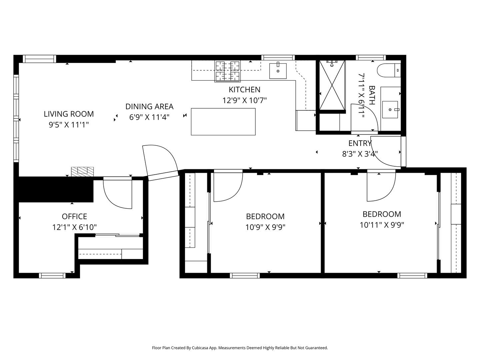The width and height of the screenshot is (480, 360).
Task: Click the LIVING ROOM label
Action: [x=69, y=114]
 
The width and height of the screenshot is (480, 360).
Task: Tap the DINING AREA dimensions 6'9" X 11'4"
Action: [x=149, y=117]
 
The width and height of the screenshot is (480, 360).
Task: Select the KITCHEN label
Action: [x=244, y=90]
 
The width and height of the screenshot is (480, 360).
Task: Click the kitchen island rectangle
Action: [x=223, y=122]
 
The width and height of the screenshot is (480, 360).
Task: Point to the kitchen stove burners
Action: [x=227, y=71]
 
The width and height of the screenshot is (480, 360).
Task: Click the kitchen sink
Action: [x=278, y=71]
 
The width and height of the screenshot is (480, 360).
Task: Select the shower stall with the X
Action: [x=332, y=85]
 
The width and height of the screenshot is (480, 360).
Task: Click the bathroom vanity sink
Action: [x=390, y=109]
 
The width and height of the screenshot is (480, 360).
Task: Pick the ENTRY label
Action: [x=360, y=143]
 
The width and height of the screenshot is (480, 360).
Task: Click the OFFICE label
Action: [x=74, y=217]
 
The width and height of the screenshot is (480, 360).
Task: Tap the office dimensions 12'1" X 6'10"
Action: [x=74, y=227]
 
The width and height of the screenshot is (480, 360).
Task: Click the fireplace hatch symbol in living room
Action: [x=82, y=171]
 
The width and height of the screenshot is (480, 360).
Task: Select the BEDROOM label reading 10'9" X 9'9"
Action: [x=265, y=217]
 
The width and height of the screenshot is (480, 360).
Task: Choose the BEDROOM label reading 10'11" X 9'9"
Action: [x=382, y=214]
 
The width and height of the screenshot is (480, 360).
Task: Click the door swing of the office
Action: [x=117, y=195]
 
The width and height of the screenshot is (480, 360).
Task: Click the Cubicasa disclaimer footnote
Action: [x=240, y=348]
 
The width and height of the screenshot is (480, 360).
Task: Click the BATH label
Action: [x=372, y=95]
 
